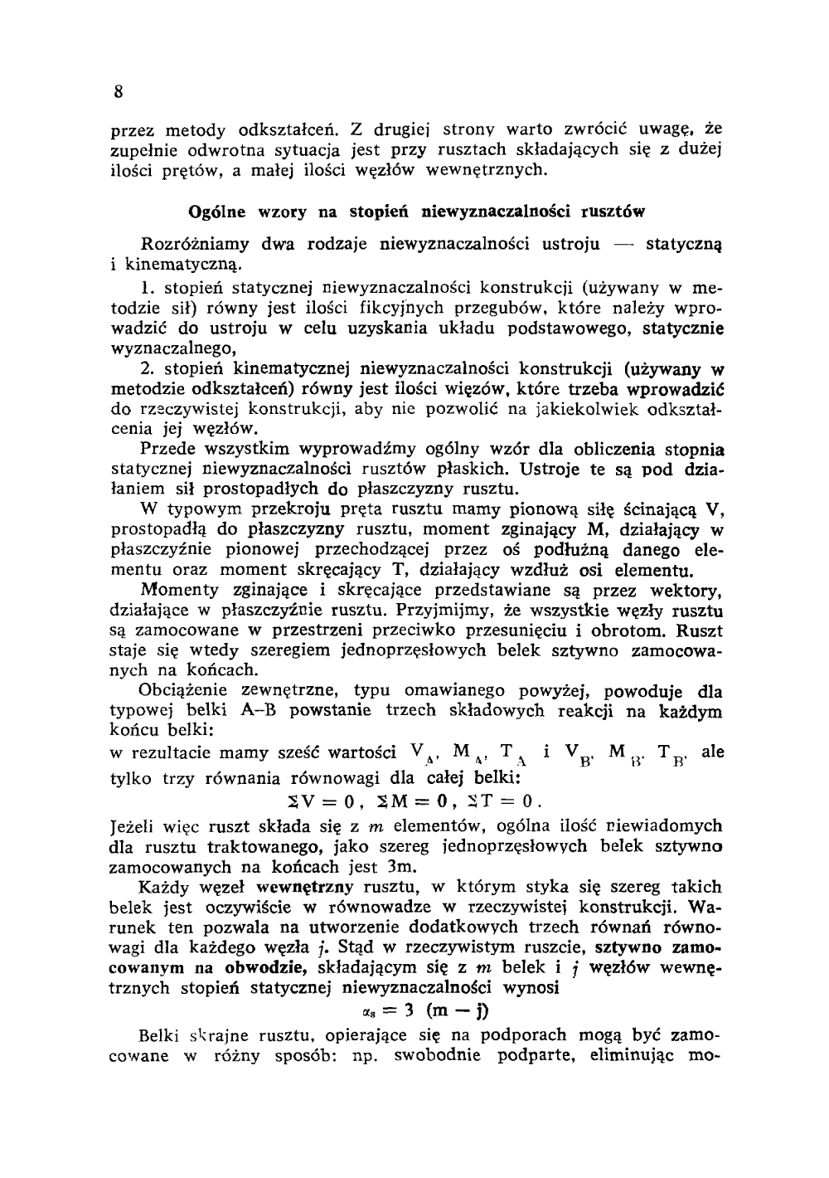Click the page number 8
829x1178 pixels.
click(x=119, y=92)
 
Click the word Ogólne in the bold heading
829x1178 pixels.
click(x=218, y=212)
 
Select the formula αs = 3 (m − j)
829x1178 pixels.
click(x=416, y=1011)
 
